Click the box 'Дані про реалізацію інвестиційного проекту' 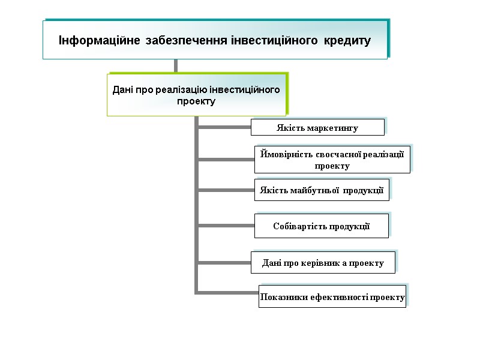pos(196,95)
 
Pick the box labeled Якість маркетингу pos(317,128)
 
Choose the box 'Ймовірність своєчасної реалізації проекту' pos(332,160)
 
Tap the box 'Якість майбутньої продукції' pos(322,190)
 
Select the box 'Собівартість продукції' pos(322,226)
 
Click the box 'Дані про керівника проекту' pos(323,263)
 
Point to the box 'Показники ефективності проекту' pos(332,297)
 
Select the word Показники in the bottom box pos(280,297)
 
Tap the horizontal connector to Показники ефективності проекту pos(227,292)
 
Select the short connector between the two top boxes pos(175,66)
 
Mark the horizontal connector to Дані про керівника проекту pos(224,262)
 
